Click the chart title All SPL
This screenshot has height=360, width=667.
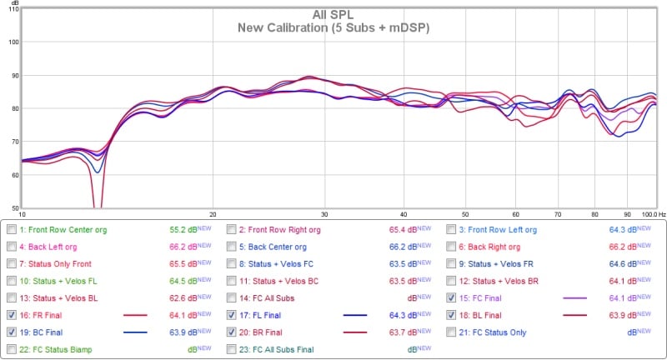[x=333, y=14]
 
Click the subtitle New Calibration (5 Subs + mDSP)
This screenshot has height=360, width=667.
[x=333, y=27]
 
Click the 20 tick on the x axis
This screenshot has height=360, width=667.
[x=213, y=213]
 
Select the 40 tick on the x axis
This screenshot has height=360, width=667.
[x=404, y=213]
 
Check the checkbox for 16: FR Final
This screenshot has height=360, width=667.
[x=10, y=315]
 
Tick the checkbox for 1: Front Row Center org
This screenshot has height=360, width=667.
[x=10, y=229]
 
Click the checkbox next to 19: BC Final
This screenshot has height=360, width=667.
[x=10, y=332]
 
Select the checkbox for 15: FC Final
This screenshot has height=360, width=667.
[x=451, y=297]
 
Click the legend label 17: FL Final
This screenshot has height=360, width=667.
[x=266, y=315]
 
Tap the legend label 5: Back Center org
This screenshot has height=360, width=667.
[x=273, y=247]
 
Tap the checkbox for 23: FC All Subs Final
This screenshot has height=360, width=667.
[x=231, y=349]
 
